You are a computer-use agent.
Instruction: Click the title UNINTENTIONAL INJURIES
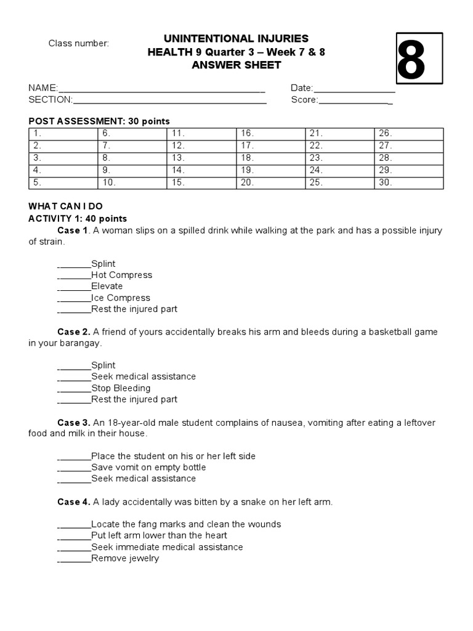pos(236,39)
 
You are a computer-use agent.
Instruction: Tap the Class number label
pos(79,43)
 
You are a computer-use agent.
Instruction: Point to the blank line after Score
pos(355,100)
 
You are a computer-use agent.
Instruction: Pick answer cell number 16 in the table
pos(271,133)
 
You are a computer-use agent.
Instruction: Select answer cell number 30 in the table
pos(408,183)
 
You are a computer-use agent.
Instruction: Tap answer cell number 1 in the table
pos(63,133)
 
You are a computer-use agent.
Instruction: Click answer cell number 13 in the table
pos(201,158)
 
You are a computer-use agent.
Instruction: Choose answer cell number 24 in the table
pos(339,170)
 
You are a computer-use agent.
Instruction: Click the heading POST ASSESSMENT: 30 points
pos(99,121)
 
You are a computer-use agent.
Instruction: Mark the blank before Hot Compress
pos(74,275)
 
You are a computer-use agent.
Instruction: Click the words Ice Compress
pos(121,298)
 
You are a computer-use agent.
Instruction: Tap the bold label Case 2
pos(74,332)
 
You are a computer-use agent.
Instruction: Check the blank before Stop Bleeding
pos(74,389)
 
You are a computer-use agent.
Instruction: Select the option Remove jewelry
pos(125,558)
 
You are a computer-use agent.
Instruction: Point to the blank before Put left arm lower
pos(74,536)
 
